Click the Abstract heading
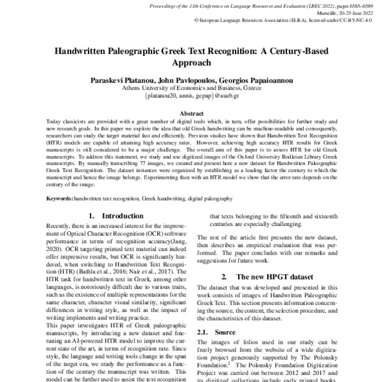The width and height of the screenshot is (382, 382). point(191,113)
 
